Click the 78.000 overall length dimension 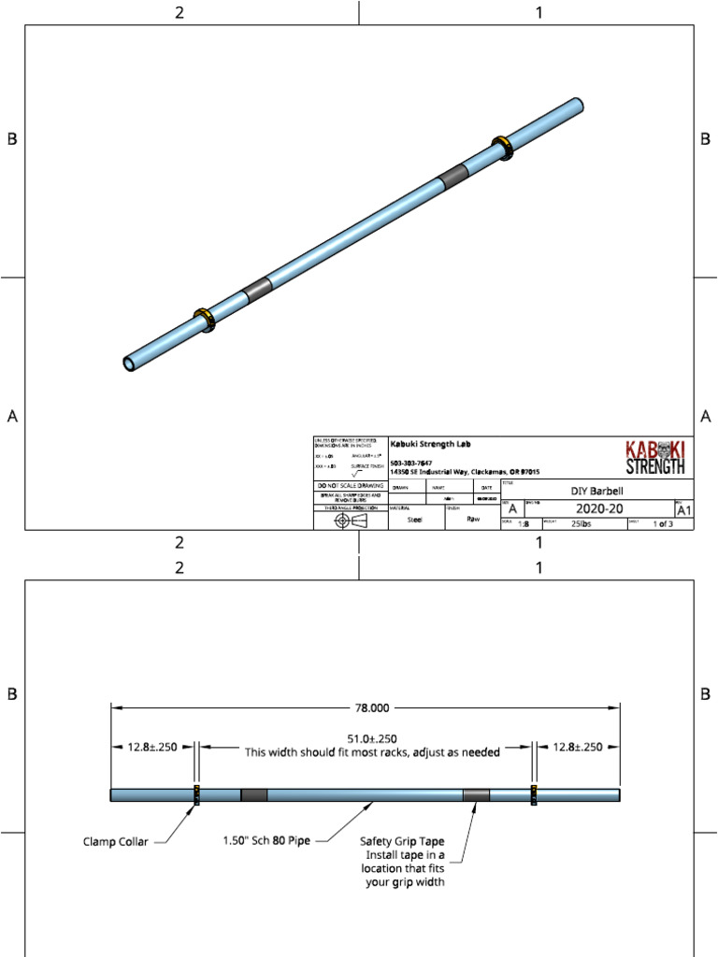tap(366, 707)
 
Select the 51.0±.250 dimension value tap(366, 737)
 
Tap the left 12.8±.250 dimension tap(152, 747)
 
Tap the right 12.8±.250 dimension tap(577, 747)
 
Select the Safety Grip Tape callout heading tap(402, 841)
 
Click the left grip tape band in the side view tap(254, 795)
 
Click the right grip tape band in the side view tap(476, 795)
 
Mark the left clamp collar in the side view tap(197, 795)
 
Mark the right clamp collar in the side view tap(534, 795)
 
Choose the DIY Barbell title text tap(596, 491)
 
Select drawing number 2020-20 tap(592, 509)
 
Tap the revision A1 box tap(683, 510)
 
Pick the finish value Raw tap(473, 519)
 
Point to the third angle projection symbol tap(351, 521)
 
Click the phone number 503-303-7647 tap(410, 464)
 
